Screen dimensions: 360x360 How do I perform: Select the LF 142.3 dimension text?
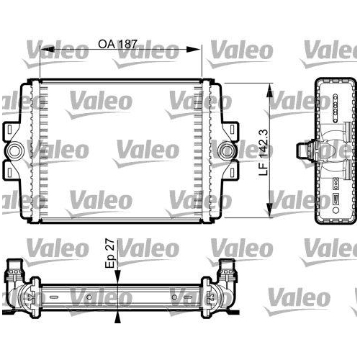[266, 152]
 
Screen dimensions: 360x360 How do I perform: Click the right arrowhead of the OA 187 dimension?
[199, 50]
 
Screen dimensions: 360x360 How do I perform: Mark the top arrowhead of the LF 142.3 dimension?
[271, 90]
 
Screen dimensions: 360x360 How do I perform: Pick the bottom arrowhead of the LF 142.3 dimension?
[271, 213]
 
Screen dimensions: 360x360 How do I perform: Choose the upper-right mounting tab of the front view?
[233, 132]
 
